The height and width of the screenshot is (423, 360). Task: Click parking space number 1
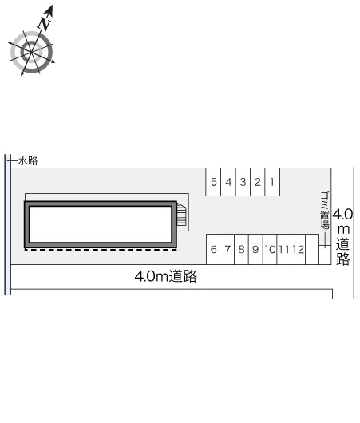pyautogui.click(x=272, y=182)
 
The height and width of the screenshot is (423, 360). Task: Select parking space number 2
pyautogui.click(x=258, y=182)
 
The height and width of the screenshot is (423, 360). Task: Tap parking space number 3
pyautogui.click(x=243, y=182)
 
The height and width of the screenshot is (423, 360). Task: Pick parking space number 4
pyautogui.click(x=228, y=182)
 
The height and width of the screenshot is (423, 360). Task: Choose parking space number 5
pyautogui.click(x=213, y=182)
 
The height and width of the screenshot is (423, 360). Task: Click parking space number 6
pyautogui.click(x=213, y=249)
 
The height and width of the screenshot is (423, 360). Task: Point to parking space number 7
pyautogui.click(x=227, y=249)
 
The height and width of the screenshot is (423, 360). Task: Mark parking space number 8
pyautogui.click(x=242, y=249)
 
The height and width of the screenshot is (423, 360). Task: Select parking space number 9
pyautogui.click(x=255, y=249)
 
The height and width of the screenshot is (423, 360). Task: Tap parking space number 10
pyautogui.click(x=270, y=249)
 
